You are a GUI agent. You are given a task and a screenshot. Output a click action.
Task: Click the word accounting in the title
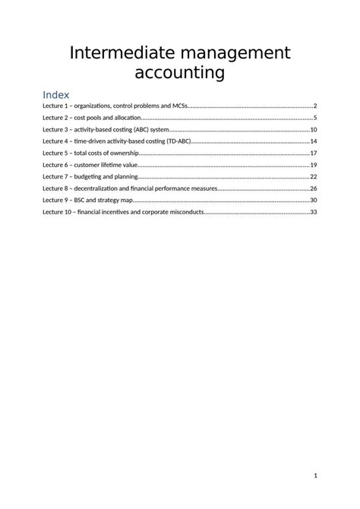(x=180, y=73)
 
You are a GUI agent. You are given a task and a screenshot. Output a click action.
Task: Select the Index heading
(x=56, y=95)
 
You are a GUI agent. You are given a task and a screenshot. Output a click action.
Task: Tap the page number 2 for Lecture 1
(x=314, y=106)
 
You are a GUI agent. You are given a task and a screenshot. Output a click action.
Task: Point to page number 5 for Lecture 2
(x=314, y=118)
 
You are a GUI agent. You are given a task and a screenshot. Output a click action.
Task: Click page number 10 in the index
(x=313, y=129)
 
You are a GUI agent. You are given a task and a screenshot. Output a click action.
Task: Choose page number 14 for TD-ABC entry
(x=313, y=141)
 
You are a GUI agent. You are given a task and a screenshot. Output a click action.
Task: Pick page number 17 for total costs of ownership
(x=313, y=153)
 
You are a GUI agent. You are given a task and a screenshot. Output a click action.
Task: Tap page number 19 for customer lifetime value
(x=313, y=165)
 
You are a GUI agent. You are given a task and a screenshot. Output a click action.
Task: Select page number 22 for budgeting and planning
(x=313, y=176)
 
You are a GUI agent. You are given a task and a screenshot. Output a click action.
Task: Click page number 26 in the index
(x=313, y=188)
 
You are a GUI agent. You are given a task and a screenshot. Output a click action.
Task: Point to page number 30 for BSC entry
(x=313, y=200)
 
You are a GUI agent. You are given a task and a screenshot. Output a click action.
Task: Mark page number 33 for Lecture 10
(x=313, y=212)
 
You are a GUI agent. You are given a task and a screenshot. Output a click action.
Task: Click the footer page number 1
(x=314, y=476)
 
